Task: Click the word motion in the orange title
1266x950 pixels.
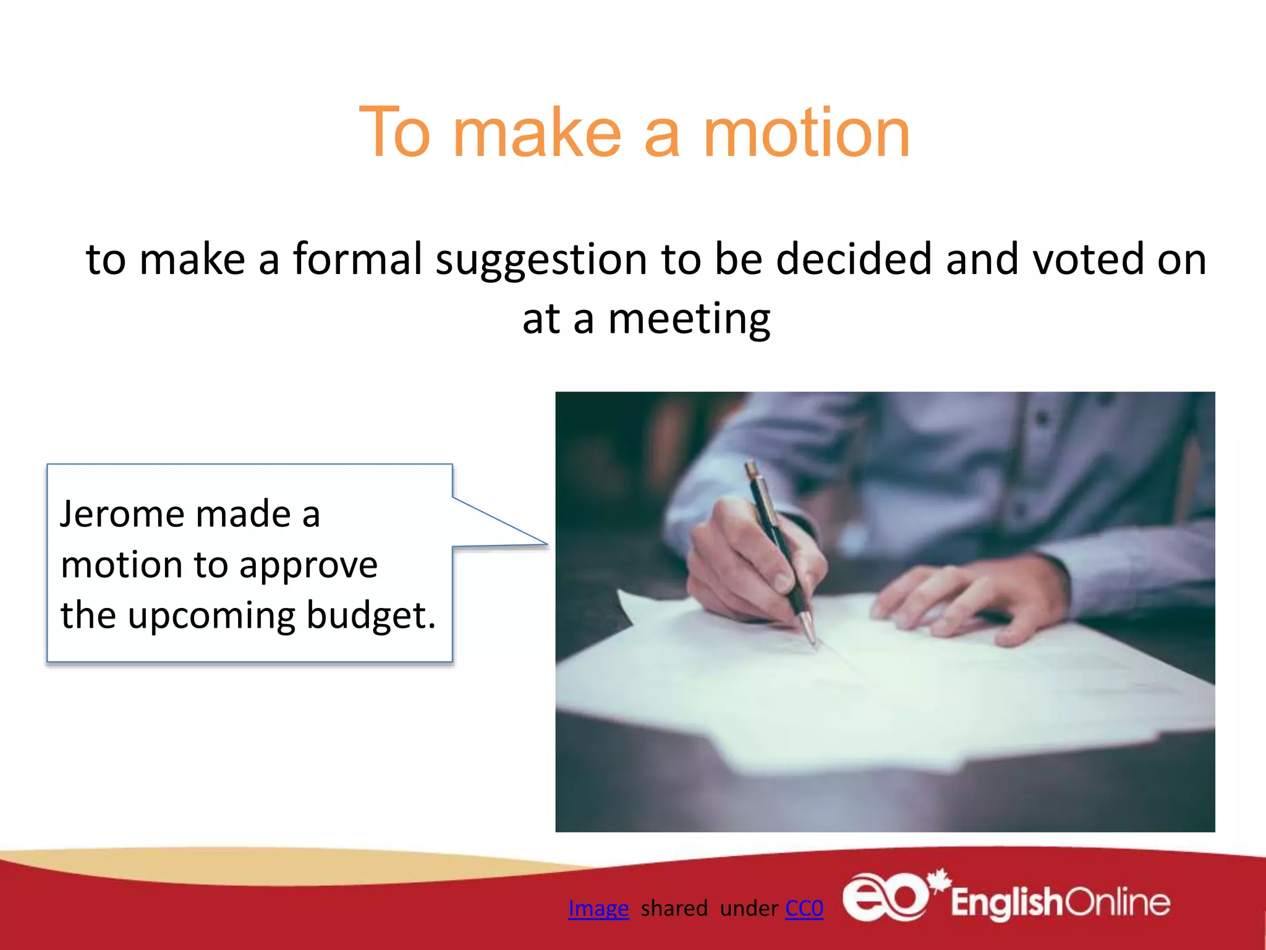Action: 806,132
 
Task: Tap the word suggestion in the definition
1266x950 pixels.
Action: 541,260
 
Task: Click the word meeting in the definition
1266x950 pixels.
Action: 689,319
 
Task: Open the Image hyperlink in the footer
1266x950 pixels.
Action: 598,908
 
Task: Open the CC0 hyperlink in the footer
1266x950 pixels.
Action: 804,908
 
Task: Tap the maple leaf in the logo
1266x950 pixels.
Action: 939,880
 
